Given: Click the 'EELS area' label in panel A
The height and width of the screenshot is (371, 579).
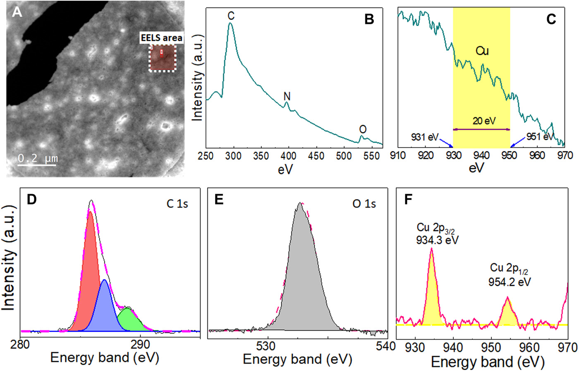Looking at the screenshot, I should pyautogui.click(x=161, y=38).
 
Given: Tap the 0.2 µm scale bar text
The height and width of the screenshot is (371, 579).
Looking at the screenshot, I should pyautogui.click(x=38, y=158).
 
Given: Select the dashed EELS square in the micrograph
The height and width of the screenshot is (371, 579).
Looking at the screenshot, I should pyautogui.click(x=163, y=58).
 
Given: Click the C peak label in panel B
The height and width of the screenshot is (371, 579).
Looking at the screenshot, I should pyautogui.click(x=231, y=16).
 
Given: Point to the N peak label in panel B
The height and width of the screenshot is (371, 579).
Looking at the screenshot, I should pyautogui.click(x=287, y=96).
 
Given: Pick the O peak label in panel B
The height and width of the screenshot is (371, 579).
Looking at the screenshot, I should pyautogui.click(x=363, y=129).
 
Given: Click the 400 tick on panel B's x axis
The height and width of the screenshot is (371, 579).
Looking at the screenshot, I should pyautogui.click(x=288, y=156).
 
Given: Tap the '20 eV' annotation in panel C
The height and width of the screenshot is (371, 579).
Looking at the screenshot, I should pyautogui.click(x=484, y=121).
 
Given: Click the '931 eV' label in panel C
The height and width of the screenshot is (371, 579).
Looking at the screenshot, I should pyautogui.click(x=424, y=137).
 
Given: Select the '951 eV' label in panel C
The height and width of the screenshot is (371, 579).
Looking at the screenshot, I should pyautogui.click(x=539, y=137).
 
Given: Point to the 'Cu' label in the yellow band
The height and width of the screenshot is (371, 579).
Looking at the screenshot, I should pyautogui.click(x=482, y=51).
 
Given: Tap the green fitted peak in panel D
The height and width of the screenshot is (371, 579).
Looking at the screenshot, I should pyautogui.click(x=130, y=320).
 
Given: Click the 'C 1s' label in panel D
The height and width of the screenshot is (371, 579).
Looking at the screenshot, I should pyautogui.click(x=177, y=204).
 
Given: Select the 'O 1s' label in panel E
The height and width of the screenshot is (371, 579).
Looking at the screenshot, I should pyautogui.click(x=364, y=204).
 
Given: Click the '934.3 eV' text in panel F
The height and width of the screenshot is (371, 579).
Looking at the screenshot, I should pyautogui.click(x=437, y=240).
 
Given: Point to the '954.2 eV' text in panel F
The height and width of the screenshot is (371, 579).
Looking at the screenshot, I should pyautogui.click(x=510, y=282).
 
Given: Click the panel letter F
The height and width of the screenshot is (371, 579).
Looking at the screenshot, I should pyautogui.click(x=408, y=199).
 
